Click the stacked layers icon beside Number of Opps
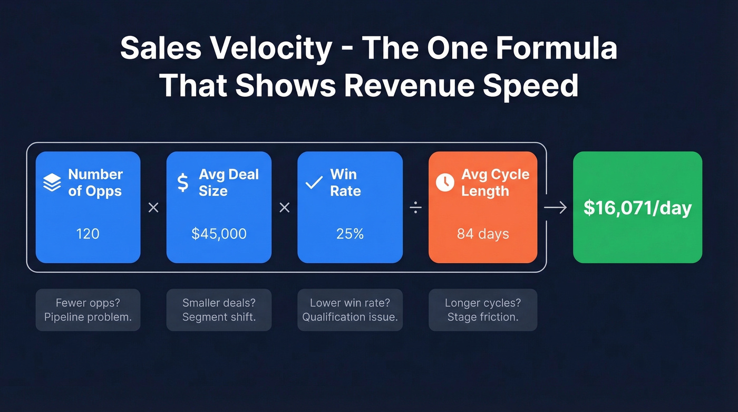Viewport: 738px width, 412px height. [52, 183]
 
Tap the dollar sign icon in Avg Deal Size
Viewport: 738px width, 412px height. [182, 183]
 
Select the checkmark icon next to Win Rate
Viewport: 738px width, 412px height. [314, 183]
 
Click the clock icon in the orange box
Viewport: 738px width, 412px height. [445, 183]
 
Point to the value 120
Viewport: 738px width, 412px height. [88, 233]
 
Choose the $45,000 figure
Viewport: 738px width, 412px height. [219, 233]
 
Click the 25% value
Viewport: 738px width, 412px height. [350, 233]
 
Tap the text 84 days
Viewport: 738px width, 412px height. [483, 233]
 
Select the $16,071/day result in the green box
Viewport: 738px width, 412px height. [637, 208]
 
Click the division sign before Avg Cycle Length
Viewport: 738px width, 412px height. [415, 208]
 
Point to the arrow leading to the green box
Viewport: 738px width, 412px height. [555, 208]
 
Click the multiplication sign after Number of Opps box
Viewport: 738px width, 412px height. [153, 208]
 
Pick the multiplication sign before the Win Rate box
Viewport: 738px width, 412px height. [285, 208]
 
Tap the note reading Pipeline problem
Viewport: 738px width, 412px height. [88, 317]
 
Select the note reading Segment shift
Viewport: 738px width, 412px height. [219, 317]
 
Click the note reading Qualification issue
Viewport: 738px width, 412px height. [350, 317]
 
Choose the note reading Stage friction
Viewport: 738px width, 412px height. [483, 317]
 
